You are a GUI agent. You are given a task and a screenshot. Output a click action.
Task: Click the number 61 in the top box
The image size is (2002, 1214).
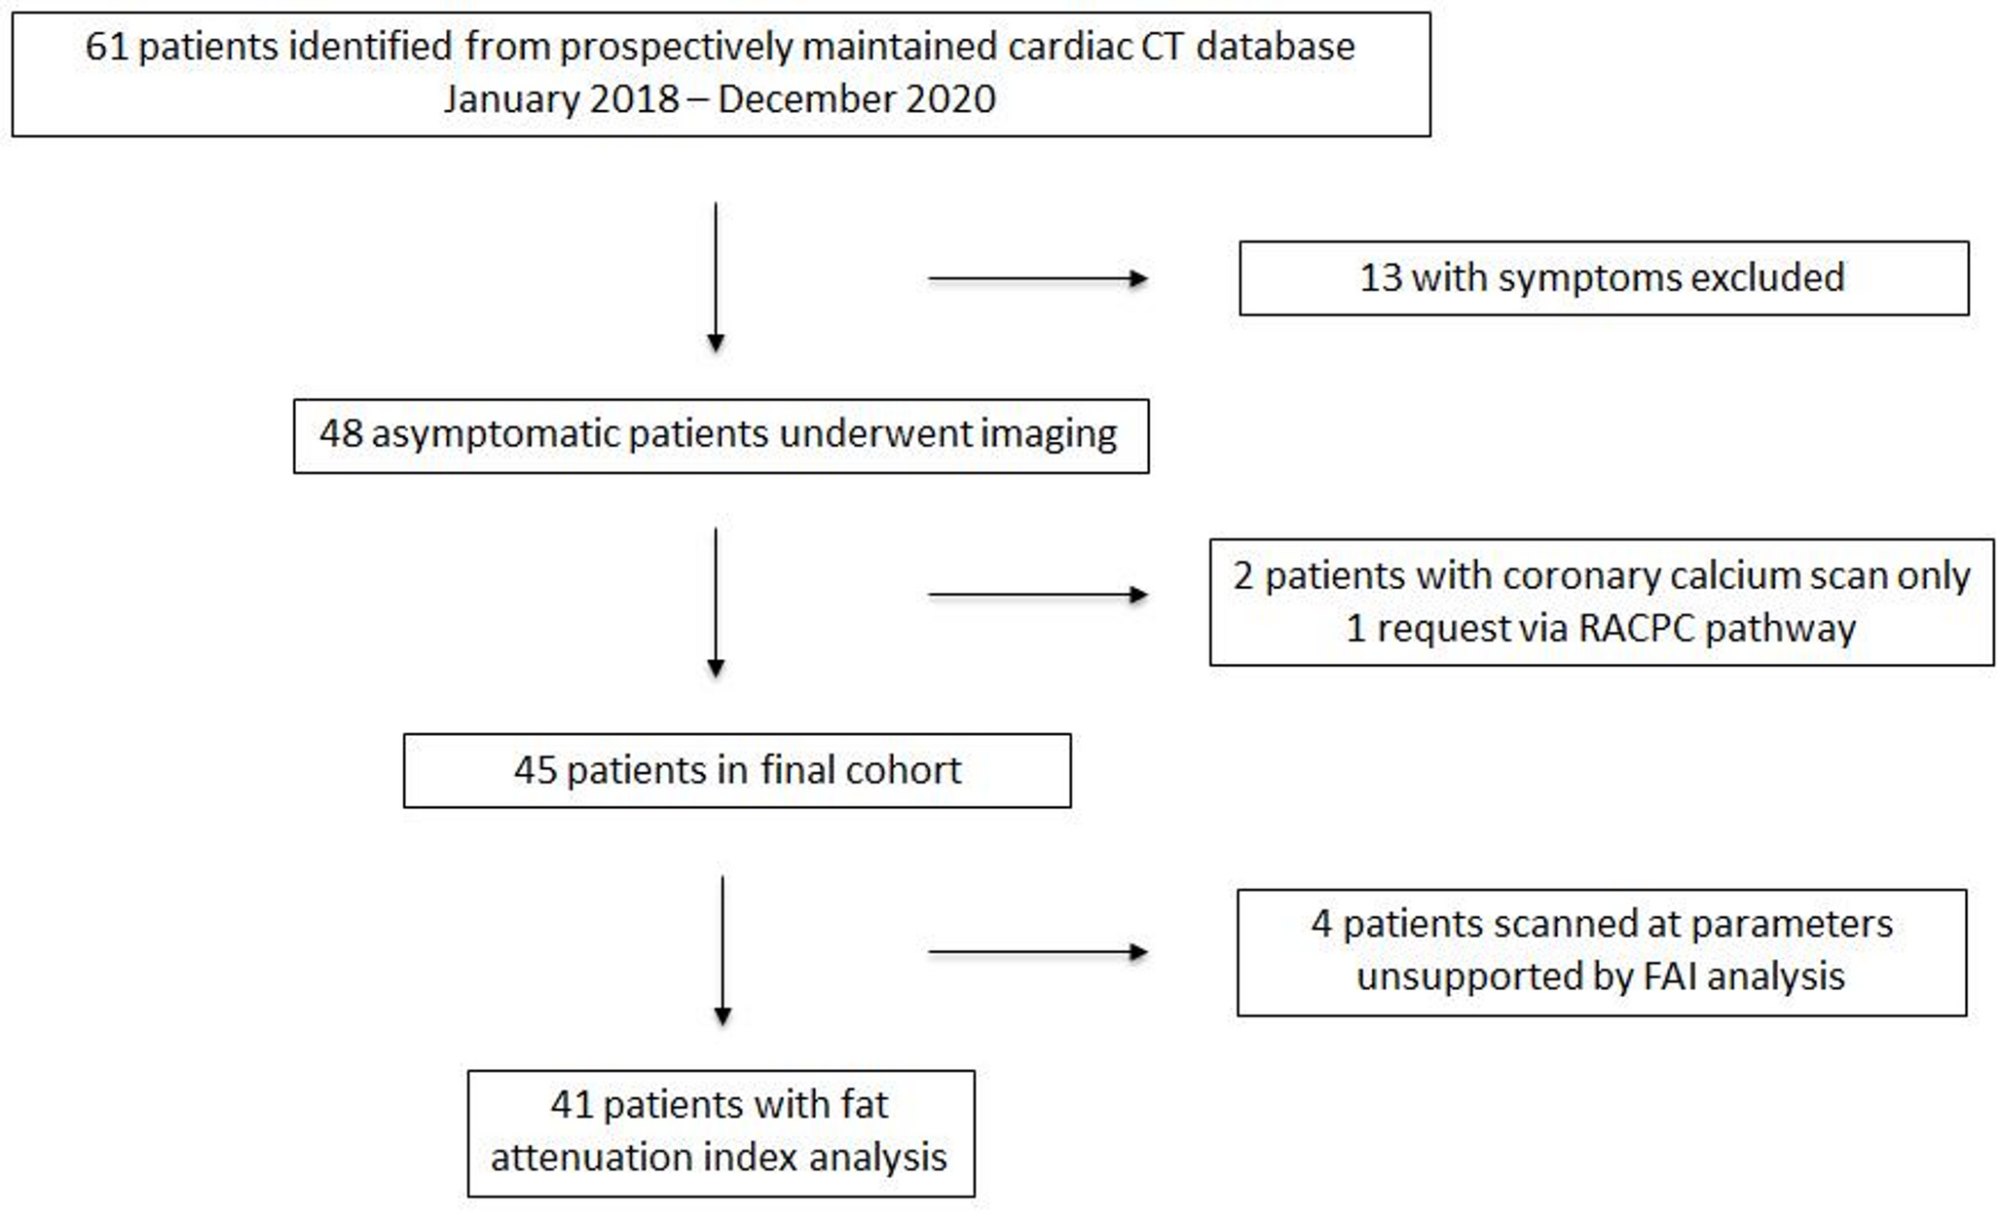[x=106, y=47]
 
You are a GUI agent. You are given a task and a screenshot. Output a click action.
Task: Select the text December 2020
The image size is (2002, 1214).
[x=856, y=99]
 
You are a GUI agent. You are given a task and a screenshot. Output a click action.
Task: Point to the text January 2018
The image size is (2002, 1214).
[x=561, y=99]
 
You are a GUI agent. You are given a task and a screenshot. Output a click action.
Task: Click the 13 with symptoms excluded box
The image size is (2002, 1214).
[x=1603, y=278]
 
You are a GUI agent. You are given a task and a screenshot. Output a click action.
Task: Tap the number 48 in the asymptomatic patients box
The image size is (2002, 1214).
[x=341, y=434]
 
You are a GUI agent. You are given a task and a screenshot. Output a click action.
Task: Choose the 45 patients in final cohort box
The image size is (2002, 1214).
[x=737, y=771]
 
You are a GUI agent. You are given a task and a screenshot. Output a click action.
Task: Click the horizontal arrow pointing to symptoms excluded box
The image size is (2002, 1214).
[x=1037, y=279]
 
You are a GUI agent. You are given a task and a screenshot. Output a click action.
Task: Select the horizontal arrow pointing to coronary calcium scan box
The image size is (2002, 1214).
[x=1037, y=595]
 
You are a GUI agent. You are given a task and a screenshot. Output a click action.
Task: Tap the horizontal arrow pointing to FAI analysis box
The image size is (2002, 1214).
[x=1037, y=952]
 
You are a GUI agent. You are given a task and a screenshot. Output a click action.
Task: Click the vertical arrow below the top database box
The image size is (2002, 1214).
[x=716, y=277]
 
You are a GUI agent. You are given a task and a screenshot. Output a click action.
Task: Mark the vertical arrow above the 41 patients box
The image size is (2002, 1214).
[x=723, y=950]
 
